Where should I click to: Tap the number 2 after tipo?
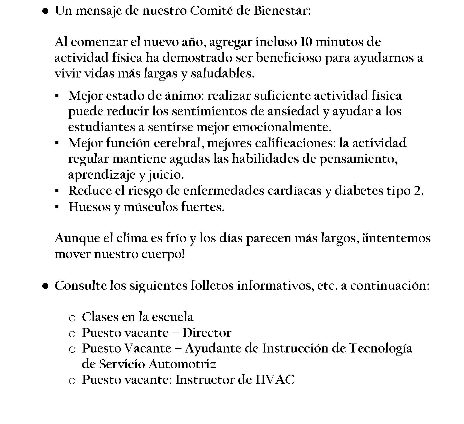[x=417, y=191]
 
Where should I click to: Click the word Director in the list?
[x=207, y=333]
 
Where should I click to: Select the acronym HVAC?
[x=275, y=380]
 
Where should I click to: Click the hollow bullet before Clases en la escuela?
[x=72, y=318]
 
